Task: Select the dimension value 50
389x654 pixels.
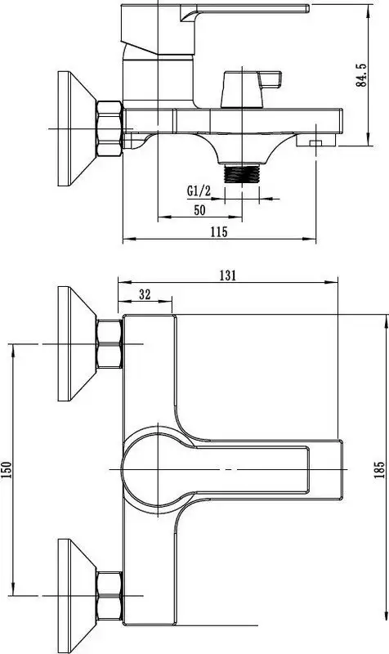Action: tap(199, 210)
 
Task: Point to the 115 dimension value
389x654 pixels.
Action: tap(218, 232)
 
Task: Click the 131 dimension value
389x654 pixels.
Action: tap(227, 275)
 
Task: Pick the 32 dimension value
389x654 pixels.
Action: tap(145, 295)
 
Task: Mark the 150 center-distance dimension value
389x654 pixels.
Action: tap(7, 473)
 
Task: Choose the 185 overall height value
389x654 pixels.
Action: tap(379, 473)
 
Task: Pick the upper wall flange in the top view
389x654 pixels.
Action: tap(74, 345)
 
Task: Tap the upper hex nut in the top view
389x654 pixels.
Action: tap(109, 344)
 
